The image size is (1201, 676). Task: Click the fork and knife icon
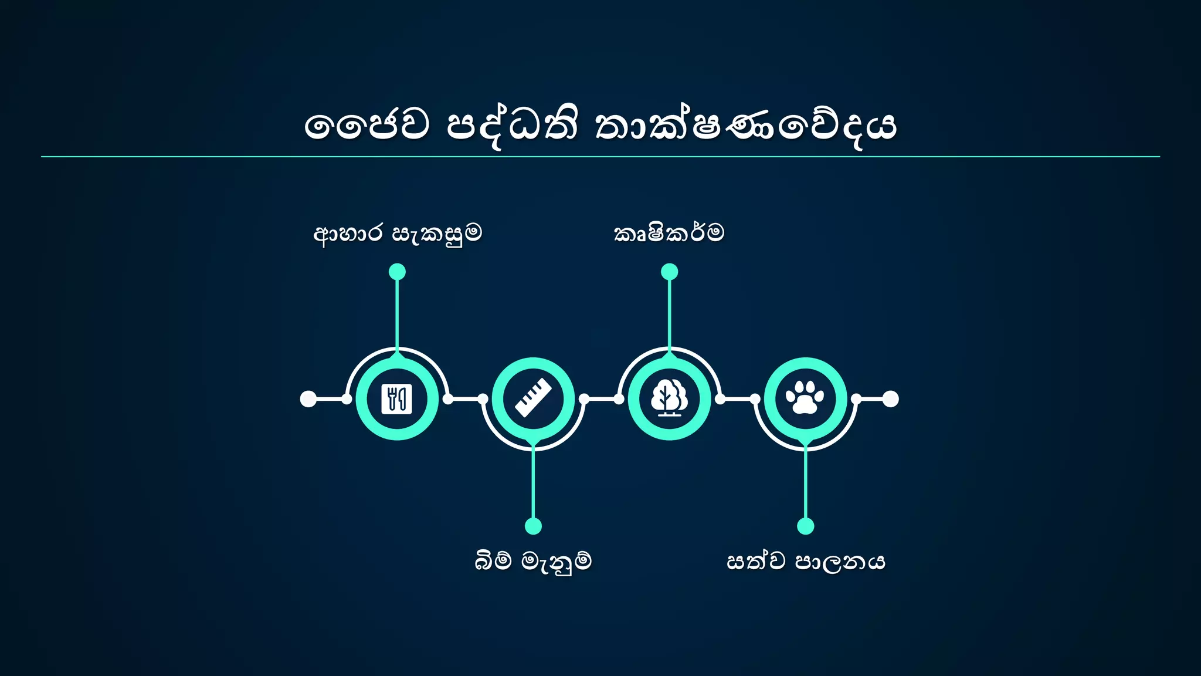(397, 399)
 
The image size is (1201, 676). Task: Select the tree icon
(669, 398)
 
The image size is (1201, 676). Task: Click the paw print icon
(805, 397)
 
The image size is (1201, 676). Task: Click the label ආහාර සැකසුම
(398, 234)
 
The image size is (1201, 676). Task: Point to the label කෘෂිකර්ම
(669, 233)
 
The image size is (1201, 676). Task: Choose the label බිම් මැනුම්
(533, 561)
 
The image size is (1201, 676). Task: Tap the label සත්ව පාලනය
(806, 561)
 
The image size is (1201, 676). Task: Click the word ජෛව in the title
(367, 125)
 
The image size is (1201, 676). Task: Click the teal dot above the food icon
(397, 272)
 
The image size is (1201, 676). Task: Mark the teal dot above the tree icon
(669, 272)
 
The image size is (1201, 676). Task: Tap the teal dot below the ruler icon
(533, 526)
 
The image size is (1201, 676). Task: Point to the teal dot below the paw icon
(805, 526)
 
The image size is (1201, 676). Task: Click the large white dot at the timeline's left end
(308, 399)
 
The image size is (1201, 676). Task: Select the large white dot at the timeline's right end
(890, 399)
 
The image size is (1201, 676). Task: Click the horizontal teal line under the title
(600, 157)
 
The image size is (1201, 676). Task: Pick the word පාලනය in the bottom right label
(840, 562)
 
